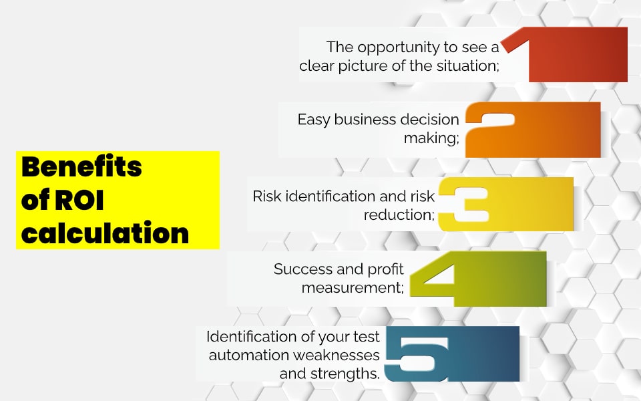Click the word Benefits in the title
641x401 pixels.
(x=81, y=166)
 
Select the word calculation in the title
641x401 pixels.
(x=105, y=233)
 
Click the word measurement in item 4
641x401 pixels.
(x=352, y=287)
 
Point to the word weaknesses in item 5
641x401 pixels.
(x=341, y=354)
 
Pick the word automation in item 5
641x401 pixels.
(x=251, y=354)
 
